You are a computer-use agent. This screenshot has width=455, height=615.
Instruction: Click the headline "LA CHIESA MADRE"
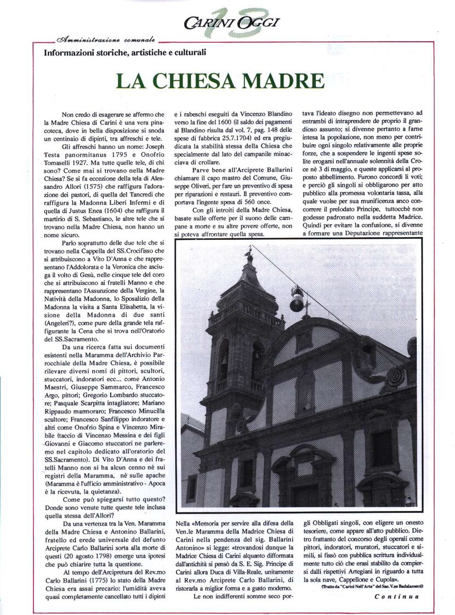[221, 81]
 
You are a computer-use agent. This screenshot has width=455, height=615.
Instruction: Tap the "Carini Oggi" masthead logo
[231, 23]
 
